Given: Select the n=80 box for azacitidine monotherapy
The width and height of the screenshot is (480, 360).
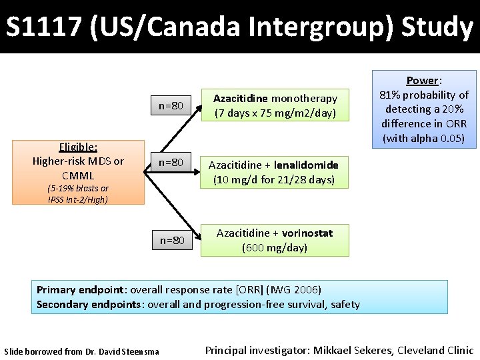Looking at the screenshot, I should point(172,105).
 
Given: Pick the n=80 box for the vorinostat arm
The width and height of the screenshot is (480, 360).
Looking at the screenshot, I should point(172,240).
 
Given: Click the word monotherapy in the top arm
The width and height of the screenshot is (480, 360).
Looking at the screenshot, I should point(304,98).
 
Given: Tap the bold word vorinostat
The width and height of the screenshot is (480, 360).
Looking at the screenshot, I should point(307,233).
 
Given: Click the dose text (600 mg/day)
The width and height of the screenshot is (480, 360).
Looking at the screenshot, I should point(274,247).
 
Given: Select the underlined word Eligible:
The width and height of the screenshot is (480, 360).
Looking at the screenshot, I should point(78,147).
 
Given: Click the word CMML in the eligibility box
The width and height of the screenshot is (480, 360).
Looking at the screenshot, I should point(78,175).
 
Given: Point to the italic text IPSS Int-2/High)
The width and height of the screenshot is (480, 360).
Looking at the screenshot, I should point(78,199).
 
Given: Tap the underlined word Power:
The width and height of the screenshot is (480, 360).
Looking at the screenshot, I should point(423,81).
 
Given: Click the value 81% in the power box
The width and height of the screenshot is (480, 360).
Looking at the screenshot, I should point(391,95).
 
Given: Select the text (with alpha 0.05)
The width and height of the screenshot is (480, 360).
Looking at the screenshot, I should point(423,139).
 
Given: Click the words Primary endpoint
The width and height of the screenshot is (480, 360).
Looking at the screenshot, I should point(80,289).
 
